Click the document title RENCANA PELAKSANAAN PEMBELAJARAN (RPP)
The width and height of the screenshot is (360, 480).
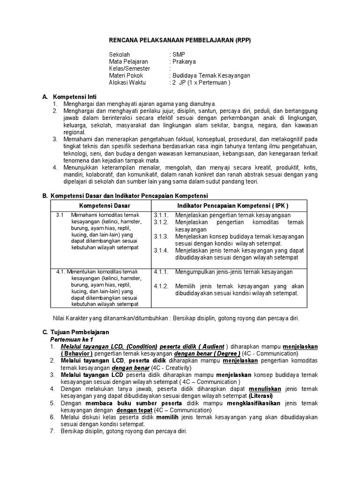(x=180, y=41)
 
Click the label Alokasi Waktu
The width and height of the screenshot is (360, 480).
(x=127, y=82)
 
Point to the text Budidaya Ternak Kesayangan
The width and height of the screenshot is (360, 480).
(x=211, y=75)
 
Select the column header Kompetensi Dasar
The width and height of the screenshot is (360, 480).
(x=105, y=206)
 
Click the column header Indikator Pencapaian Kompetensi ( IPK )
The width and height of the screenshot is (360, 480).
(x=232, y=206)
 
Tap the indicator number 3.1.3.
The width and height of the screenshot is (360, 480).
(x=161, y=237)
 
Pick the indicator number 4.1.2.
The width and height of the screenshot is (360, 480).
(x=161, y=286)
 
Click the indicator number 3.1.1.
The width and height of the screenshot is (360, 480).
(x=161, y=215)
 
